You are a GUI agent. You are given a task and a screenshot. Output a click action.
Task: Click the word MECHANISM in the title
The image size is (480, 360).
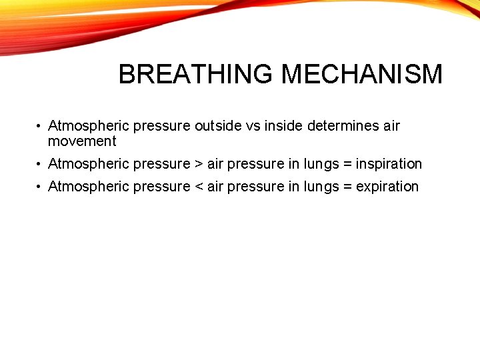tap(362, 74)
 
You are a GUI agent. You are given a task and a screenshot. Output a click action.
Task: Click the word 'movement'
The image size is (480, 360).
tap(82, 141)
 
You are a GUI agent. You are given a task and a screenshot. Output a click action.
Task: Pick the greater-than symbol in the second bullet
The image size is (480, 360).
tap(199, 164)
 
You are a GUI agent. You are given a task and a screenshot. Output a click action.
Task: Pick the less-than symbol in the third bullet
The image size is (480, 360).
tap(199, 187)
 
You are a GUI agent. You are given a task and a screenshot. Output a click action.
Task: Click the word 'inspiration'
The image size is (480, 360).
tap(389, 164)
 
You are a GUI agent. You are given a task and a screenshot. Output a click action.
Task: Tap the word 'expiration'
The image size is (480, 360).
tap(387, 187)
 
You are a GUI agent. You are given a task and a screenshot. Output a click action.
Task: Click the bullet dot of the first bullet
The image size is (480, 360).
tap(40, 126)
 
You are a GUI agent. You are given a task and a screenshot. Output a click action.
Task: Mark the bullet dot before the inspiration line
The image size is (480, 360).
tap(40, 165)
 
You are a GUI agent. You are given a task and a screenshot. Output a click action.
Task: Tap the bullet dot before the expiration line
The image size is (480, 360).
tap(40, 187)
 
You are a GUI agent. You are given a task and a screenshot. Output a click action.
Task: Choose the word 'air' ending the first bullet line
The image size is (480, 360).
tap(391, 125)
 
